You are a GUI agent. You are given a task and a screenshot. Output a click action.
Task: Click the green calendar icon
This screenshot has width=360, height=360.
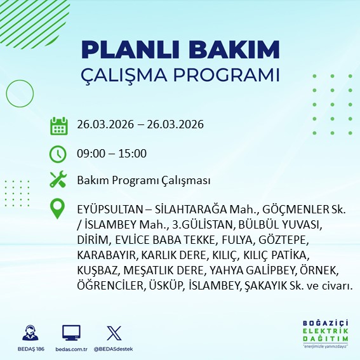tap(58, 125)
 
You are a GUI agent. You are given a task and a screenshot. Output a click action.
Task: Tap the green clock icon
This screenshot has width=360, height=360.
tap(58, 154)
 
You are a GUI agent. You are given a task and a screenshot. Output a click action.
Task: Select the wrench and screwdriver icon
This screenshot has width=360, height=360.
tap(58, 180)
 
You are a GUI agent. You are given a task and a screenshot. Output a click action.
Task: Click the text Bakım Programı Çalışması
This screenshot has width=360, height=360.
tap(143, 181)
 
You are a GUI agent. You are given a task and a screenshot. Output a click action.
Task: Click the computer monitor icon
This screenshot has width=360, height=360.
tap(70, 332)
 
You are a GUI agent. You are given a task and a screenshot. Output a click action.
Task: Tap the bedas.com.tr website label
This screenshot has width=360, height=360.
tap(70, 349)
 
